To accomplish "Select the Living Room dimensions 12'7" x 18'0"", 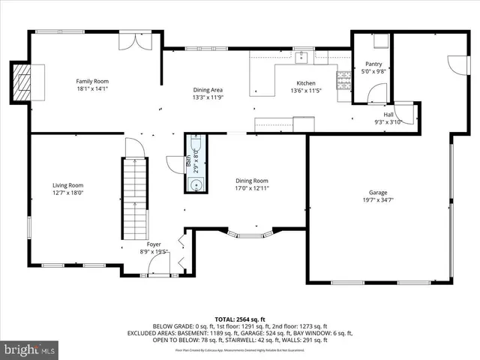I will (67, 193).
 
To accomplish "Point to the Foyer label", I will (154, 244).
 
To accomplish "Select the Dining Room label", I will (252, 181).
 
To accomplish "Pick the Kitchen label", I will (306, 83).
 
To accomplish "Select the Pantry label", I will (373, 64).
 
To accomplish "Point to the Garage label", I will (378, 193).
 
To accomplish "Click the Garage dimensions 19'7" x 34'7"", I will (378, 200).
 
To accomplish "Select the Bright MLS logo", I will (28, 349).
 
